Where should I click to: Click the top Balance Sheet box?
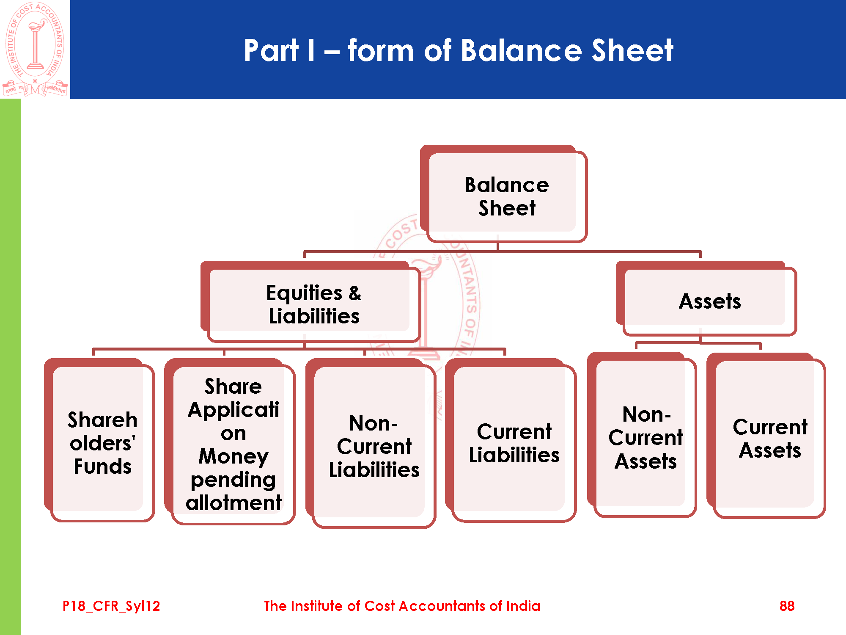[507, 196]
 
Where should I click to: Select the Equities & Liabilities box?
[313, 304]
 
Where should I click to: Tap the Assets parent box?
[709, 301]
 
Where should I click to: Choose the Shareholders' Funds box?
[102, 442]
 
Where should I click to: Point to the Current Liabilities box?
[514, 443]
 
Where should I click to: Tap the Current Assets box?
[769, 438]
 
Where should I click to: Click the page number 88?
[787, 606]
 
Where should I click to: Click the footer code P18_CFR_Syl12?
[111, 606]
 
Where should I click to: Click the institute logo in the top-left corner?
[35, 49]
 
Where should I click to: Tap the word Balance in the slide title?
[521, 50]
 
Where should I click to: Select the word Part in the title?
[271, 50]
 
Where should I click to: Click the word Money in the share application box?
[233, 456]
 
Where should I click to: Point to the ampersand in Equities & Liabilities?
[355, 293]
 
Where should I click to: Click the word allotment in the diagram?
[233, 503]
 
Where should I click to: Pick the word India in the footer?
[523, 606]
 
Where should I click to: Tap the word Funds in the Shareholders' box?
[102, 466]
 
